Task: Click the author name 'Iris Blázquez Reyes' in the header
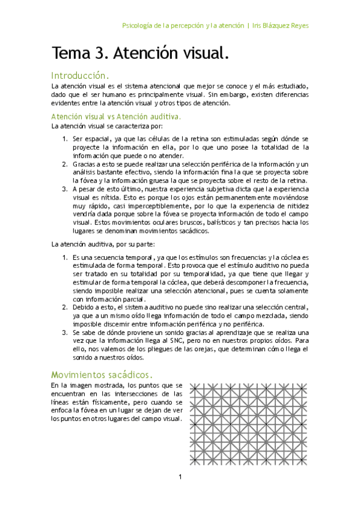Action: pyautogui.click(x=281, y=26)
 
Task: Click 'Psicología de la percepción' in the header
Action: pyautogui.click(x=163, y=26)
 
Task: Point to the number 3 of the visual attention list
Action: pyautogui.click(x=65, y=188)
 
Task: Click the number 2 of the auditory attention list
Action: pyautogui.click(x=65, y=307)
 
